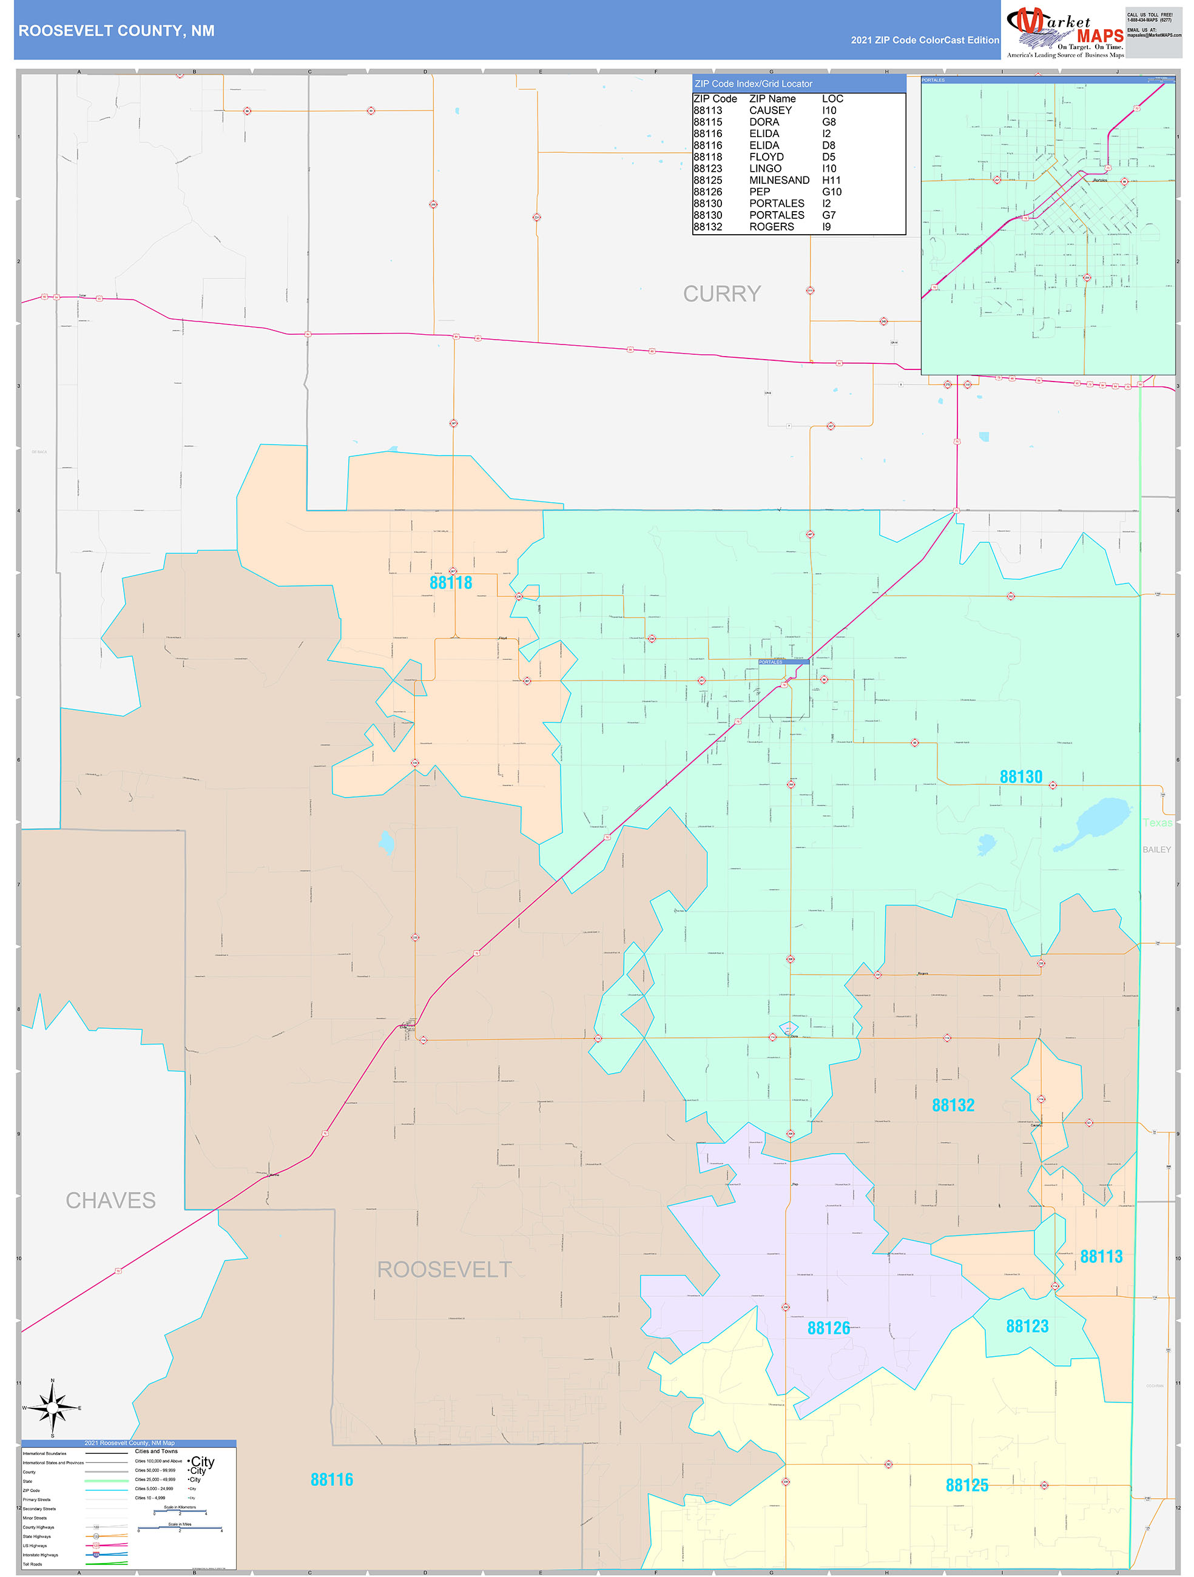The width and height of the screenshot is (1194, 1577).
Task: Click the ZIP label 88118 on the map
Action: point(450,582)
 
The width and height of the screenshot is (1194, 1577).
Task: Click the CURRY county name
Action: point(722,294)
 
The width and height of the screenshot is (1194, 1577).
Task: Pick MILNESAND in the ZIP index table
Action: point(779,180)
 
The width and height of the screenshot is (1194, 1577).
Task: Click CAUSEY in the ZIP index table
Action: point(770,110)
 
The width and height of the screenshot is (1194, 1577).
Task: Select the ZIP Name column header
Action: point(772,99)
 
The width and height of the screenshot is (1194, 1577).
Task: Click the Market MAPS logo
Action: point(1064,32)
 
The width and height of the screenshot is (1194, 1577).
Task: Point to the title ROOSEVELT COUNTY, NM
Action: point(116,31)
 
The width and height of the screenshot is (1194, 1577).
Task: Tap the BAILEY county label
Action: point(1156,850)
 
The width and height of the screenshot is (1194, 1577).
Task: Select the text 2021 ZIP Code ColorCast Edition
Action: point(925,40)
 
